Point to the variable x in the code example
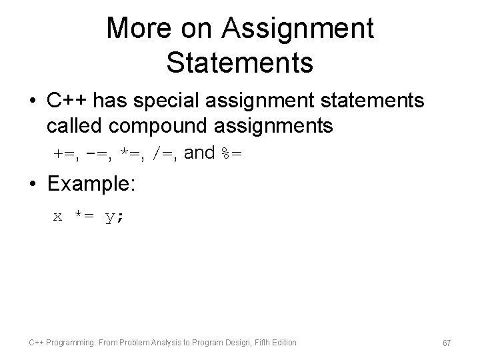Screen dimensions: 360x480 pos(58,217)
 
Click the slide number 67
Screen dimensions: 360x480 pos(447,343)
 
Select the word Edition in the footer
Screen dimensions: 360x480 pos(283,343)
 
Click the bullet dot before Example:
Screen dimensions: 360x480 pos(33,185)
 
